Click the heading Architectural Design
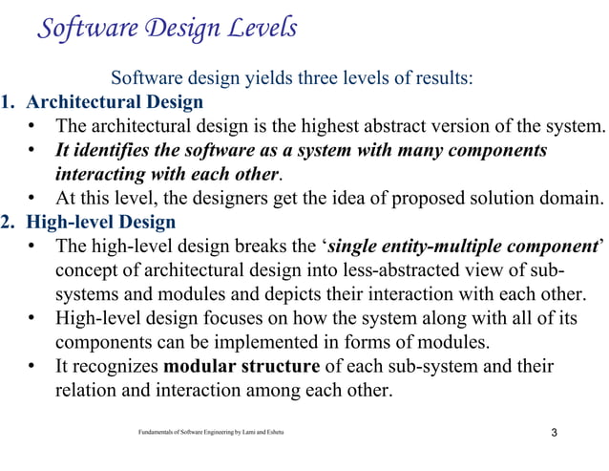point(114,102)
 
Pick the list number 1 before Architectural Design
point(8,102)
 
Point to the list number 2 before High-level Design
point(8,223)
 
